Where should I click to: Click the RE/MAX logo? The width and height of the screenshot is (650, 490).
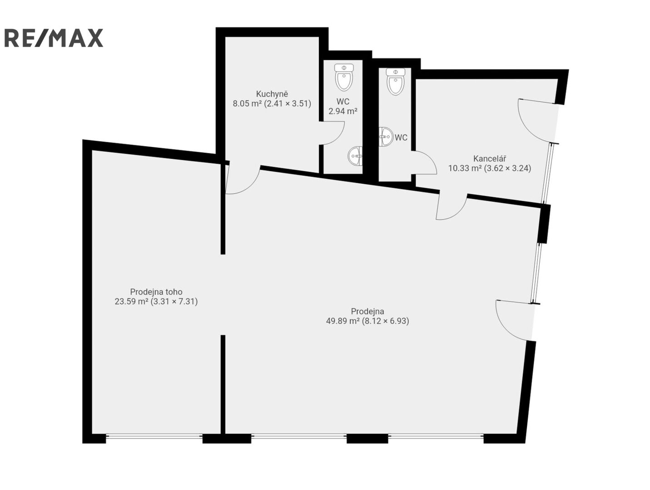coord(54,38)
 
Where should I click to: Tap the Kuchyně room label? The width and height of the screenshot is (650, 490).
coord(272,94)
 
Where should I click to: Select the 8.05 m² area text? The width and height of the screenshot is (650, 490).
coord(272,104)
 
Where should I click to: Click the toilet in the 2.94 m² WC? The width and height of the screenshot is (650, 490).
coord(344,77)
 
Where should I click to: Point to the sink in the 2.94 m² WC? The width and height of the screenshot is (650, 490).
coord(355,156)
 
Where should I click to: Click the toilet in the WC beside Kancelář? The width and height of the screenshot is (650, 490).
coord(396,81)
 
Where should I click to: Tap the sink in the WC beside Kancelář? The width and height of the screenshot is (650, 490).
coord(386,137)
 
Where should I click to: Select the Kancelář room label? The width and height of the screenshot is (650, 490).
coord(489,158)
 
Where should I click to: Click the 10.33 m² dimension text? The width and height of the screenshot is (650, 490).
coord(489,168)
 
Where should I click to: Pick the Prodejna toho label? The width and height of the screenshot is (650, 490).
coord(156,292)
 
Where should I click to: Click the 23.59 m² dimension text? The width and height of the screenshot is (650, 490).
coord(156,301)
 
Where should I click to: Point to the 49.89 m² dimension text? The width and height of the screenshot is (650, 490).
coord(367,321)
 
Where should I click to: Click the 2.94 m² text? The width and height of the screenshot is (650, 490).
coord(343,111)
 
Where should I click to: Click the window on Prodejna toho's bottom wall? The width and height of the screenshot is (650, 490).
coord(154,436)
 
